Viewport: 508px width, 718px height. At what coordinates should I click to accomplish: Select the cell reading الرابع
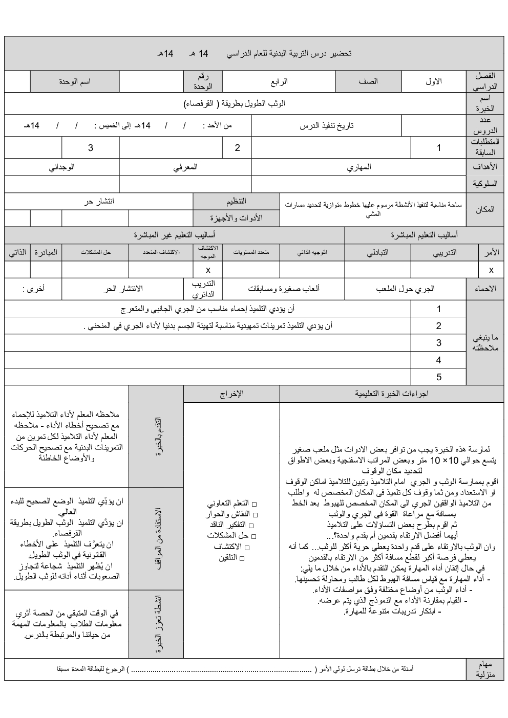click(279, 81)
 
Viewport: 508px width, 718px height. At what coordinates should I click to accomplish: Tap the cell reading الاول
click(434, 81)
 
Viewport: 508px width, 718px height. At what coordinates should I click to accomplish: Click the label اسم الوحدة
click(75, 81)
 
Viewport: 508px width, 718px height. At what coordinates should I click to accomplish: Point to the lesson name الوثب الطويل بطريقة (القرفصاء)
click(235, 103)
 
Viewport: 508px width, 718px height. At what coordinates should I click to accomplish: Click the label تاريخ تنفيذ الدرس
click(327, 125)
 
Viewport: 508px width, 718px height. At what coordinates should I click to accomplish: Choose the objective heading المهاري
click(359, 167)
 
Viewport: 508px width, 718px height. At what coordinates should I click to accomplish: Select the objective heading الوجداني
click(62, 167)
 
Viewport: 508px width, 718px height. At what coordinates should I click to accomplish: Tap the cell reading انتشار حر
click(99, 201)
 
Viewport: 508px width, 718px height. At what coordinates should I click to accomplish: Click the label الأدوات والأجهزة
click(236, 218)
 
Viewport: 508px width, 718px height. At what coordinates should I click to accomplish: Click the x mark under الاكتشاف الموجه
click(208, 269)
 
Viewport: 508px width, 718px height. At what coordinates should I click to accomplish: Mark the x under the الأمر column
click(491, 269)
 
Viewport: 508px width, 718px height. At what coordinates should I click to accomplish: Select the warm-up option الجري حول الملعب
click(406, 289)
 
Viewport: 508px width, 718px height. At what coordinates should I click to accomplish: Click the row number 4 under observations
click(438, 360)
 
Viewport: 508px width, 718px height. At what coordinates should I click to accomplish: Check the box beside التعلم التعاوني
click(255, 504)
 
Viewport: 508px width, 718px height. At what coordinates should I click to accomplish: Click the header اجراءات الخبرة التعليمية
click(392, 394)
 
